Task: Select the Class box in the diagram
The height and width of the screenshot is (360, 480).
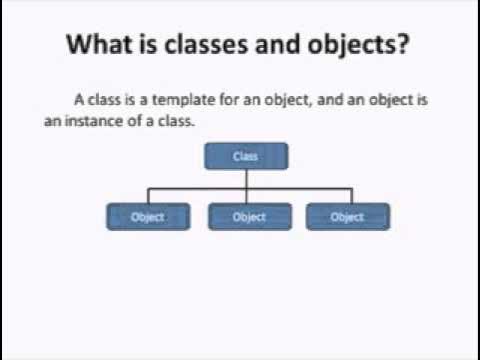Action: [246, 156]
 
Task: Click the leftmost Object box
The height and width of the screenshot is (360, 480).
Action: [148, 216]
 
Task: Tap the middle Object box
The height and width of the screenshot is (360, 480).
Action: [249, 216]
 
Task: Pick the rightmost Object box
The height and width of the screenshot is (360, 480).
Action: [347, 216]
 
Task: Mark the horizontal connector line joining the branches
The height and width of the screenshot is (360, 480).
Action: [200, 187]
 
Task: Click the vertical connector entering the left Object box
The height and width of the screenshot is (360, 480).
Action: [148, 195]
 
